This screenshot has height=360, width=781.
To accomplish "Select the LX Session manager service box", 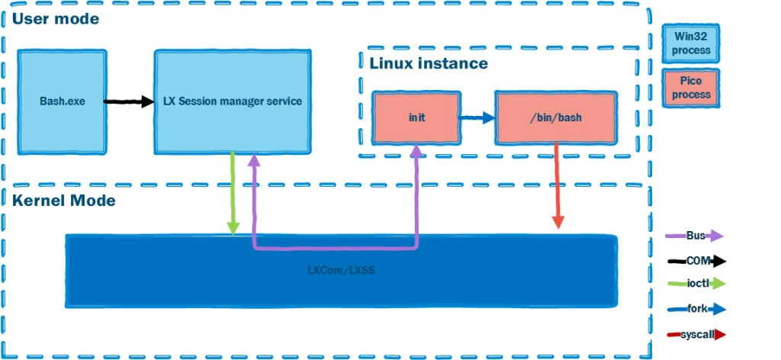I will click(x=233, y=100).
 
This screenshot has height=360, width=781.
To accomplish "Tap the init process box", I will click(x=416, y=118).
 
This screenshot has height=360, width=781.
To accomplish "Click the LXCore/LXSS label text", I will click(x=340, y=269).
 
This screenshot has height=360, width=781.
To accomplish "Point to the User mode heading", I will click(x=55, y=18).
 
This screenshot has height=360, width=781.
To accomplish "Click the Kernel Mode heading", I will click(x=64, y=201).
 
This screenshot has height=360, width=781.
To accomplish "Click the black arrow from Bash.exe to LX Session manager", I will click(x=128, y=101).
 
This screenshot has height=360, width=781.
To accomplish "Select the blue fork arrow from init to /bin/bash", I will click(x=477, y=118).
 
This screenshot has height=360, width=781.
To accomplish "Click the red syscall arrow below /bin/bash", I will click(x=558, y=187).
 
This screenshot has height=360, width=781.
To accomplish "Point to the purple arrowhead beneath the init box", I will click(x=416, y=152).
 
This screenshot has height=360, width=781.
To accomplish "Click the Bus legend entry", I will click(x=695, y=236).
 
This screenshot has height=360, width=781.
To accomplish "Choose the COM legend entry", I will click(x=696, y=261).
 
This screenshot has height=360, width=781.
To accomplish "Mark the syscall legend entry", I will click(x=696, y=334).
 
